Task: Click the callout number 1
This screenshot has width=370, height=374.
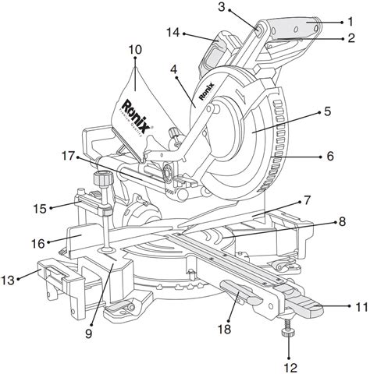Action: [350, 22]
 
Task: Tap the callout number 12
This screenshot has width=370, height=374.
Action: [290, 368]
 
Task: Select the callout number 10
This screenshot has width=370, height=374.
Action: [135, 50]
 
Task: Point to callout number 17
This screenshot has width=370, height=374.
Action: [68, 157]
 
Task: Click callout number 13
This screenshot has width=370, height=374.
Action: [8, 280]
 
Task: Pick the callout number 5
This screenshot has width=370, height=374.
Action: [327, 111]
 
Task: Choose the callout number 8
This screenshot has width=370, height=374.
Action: [343, 221]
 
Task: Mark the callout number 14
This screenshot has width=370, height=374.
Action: [173, 33]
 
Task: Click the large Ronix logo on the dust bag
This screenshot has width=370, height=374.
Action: [136, 117]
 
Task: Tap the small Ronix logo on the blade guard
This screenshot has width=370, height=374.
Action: [206, 91]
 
